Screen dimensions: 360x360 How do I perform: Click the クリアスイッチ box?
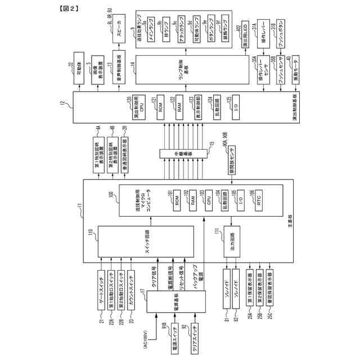[x=195, y=340]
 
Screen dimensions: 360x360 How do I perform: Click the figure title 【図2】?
[x=67, y=8]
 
